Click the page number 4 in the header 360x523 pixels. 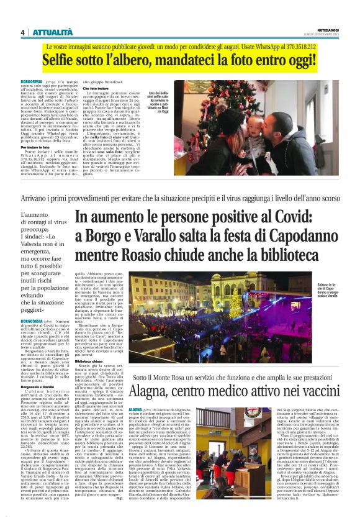pyautogui.click(x=22, y=32)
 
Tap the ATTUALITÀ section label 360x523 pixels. pyautogui.click(x=52, y=32)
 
